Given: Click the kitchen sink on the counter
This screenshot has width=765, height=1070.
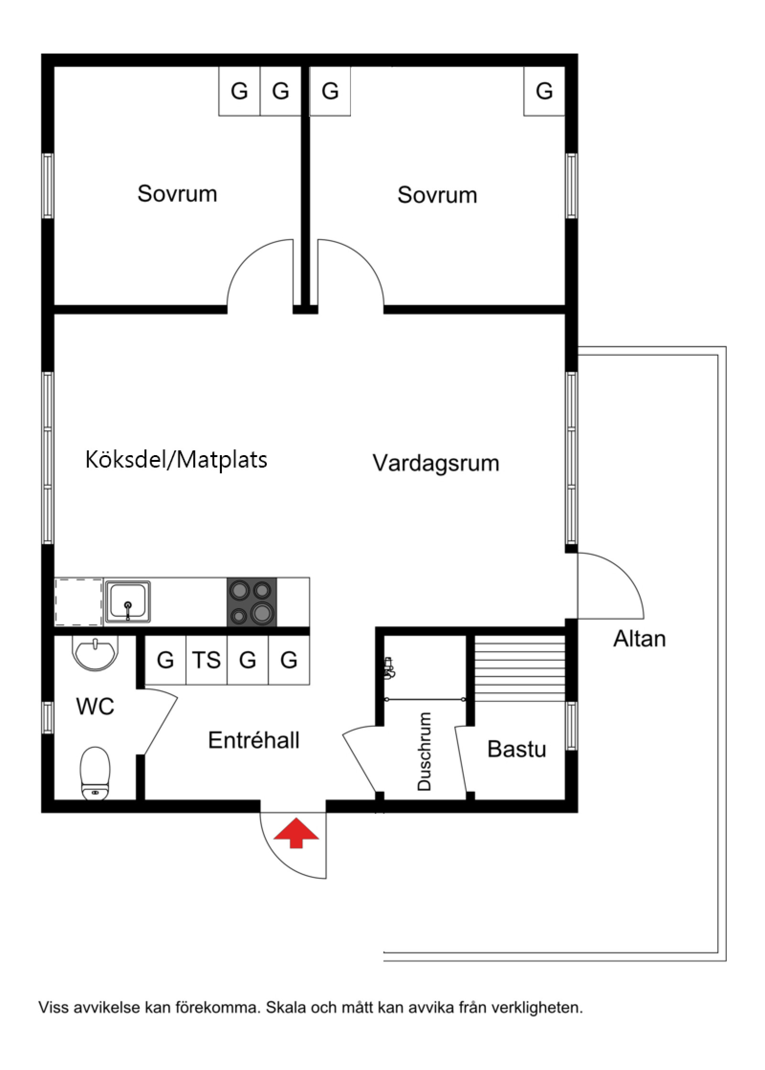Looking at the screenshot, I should [x=128, y=602].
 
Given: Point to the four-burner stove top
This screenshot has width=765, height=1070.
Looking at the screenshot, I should [x=251, y=601].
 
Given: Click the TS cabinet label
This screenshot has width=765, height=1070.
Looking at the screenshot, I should [x=206, y=660].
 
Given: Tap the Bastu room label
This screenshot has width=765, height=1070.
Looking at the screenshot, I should [x=516, y=749].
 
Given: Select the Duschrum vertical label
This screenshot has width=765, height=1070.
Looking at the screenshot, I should [x=424, y=752].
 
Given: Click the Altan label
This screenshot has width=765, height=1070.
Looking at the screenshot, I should [x=639, y=639].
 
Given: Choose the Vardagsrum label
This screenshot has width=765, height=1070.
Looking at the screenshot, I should [x=436, y=463].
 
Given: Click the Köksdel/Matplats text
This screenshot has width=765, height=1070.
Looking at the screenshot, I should [x=176, y=459].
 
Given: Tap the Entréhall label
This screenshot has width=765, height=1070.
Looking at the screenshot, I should [x=253, y=740].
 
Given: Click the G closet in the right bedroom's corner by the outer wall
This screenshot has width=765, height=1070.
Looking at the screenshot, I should [x=544, y=91].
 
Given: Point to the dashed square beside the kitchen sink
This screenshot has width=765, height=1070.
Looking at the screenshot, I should [x=78, y=602].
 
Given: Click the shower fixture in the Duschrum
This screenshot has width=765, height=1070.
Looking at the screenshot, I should [x=389, y=668].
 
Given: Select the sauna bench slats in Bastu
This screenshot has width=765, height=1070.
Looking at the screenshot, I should [x=520, y=668].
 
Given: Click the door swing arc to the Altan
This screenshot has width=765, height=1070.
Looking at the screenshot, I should [x=622, y=571].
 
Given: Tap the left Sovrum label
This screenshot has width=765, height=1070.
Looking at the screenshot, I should [x=177, y=194].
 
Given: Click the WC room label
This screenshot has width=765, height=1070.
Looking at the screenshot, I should [x=95, y=706].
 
